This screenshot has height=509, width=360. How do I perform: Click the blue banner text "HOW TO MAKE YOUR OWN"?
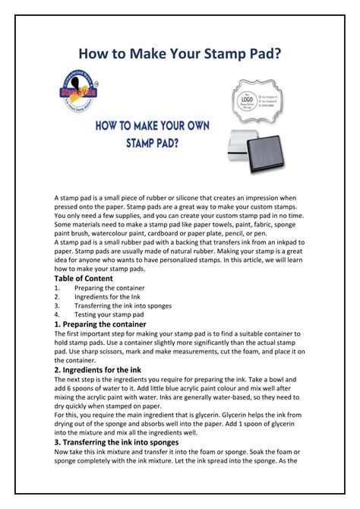click(153, 125)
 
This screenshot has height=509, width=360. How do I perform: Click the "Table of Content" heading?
click(84, 279)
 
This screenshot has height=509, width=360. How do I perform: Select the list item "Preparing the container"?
click(112, 288)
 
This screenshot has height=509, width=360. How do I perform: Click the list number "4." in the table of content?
click(58, 315)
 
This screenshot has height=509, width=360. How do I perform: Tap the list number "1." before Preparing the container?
click(58, 288)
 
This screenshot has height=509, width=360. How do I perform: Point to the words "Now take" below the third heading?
click(69, 451)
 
